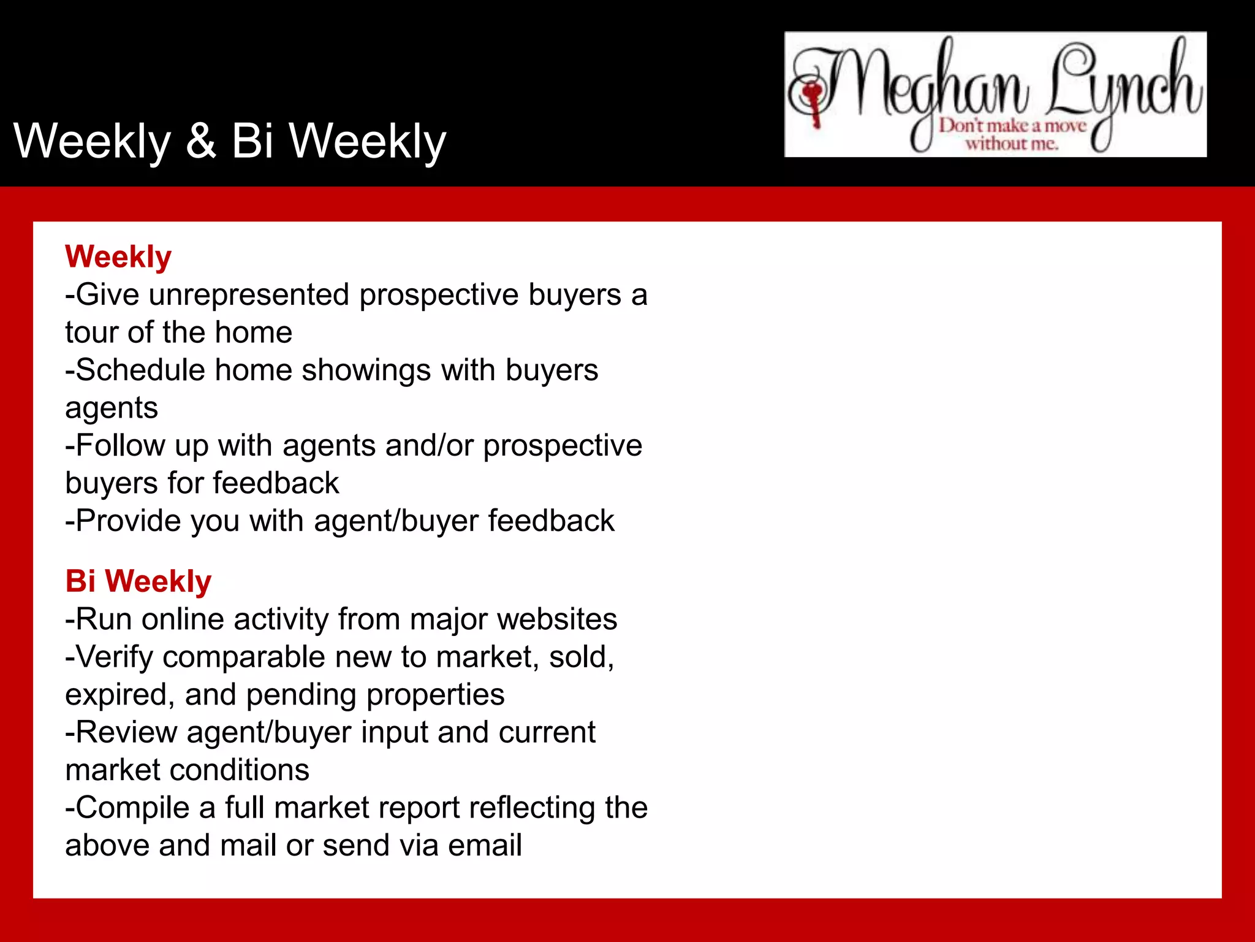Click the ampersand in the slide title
200,141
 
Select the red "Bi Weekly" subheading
138,581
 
